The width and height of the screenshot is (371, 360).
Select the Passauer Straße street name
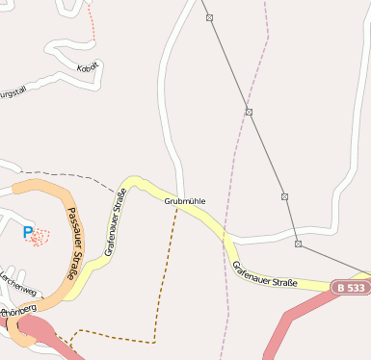(74, 243)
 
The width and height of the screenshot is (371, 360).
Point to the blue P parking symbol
(28, 232)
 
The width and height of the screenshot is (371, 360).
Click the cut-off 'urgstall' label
(11, 93)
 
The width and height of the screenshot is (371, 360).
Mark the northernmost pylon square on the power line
(209, 17)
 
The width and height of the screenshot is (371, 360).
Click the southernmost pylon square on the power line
(298, 244)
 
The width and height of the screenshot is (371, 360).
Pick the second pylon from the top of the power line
(249, 113)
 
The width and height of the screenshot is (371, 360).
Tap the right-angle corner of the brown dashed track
(154, 341)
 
